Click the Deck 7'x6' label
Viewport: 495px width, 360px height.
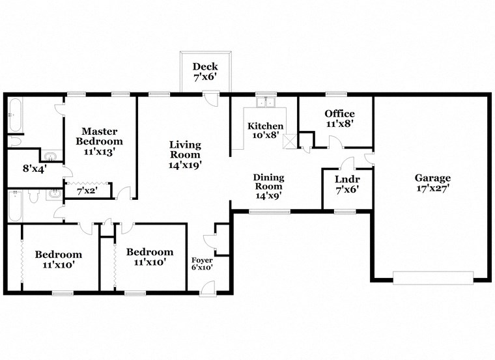click(x=205, y=72)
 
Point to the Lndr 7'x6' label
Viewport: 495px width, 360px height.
click(x=347, y=184)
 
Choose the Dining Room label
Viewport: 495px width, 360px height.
click(x=268, y=186)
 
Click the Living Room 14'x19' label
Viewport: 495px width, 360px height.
click(x=185, y=154)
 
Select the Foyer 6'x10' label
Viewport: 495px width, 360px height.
click(x=202, y=264)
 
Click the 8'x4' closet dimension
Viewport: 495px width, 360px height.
click(x=33, y=169)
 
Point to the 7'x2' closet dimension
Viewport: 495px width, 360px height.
click(x=87, y=191)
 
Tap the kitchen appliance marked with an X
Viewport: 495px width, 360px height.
click(x=289, y=140)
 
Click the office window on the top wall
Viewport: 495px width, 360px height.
click(x=335, y=94)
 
